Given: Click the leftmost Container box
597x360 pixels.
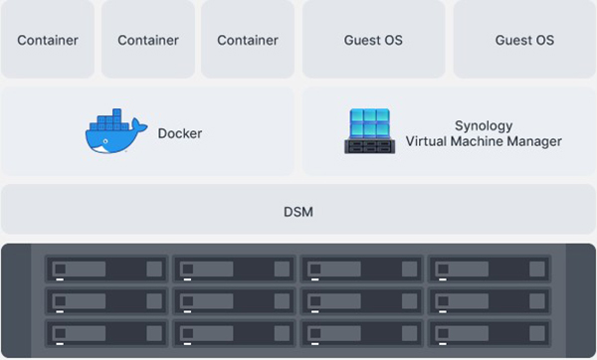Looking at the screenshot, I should [x=48, y=41].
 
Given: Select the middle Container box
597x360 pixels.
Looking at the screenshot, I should [x=148, y=41].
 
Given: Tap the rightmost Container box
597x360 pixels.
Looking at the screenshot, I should [x=248, y=41].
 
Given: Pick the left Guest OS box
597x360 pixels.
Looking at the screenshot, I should [x=374, y=41].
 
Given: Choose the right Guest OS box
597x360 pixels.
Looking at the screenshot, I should [x=524, y=41].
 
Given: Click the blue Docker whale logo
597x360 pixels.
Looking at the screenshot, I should [x=114, y=134].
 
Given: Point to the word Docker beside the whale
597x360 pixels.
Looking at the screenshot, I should [x=179, y=133].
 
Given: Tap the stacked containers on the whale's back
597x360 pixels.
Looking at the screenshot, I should [x=110, y=123].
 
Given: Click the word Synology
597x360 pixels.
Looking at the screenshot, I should [x=484, y=125].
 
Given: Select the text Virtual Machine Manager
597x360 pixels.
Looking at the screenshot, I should [x=484, y=141].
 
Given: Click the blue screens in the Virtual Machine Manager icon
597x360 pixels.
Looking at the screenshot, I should [x=370, y=123].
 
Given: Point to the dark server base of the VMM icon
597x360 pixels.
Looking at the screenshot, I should [x=370, y=146].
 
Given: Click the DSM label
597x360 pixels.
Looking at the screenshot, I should [x=298, y=211].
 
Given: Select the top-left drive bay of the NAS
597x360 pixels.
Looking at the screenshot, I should [x=106, y=270].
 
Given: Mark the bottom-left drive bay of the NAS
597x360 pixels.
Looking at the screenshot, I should [x=106, y=332].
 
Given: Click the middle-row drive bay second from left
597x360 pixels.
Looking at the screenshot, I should [x=234, y=300].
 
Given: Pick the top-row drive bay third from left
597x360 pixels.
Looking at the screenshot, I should [x=362, y=270].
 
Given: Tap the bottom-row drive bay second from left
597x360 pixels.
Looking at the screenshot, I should [x=234, y=332].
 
